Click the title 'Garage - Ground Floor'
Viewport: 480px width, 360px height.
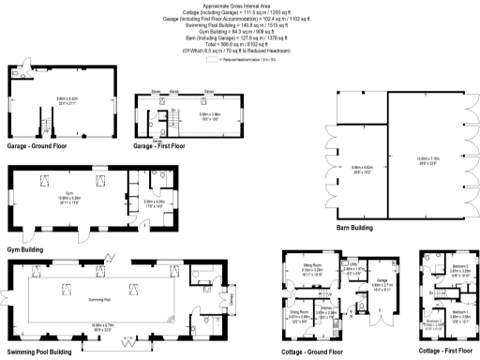click(37, 147)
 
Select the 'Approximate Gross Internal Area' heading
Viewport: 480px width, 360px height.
click(239, 6)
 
